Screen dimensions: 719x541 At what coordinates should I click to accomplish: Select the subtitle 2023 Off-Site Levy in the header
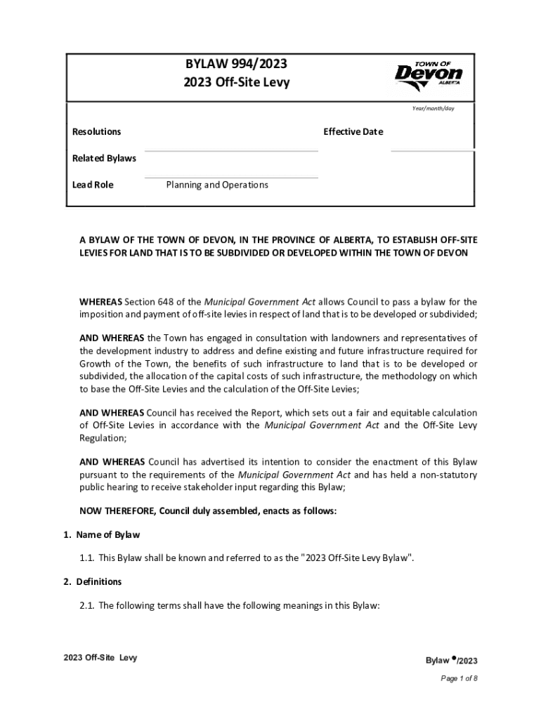tap(236, 83)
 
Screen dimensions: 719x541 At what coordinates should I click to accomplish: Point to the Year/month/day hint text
tap(433, 108)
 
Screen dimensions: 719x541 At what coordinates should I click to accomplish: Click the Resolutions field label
tap(97, 132)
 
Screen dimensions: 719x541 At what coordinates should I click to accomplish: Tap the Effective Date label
tap(353, 132)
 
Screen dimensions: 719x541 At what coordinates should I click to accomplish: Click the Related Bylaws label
tap(104, 158)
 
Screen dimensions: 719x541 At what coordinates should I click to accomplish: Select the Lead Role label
tap(93, 185)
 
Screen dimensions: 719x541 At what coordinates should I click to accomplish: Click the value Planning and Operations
tap(217, 185)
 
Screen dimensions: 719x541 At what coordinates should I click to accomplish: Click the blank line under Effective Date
tap(431, 150)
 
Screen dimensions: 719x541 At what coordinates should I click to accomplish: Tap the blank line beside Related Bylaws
tap(231, 150)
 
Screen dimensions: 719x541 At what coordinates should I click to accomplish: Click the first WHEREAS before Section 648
tap(100, 302)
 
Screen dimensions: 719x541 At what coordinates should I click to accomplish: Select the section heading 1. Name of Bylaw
tap(101, 535)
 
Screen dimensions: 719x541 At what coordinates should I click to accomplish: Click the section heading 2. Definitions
tap(92, 581)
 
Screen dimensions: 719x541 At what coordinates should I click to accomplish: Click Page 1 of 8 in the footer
tap(459, 678)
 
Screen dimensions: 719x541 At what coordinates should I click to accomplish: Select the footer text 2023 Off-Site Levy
tap(100, 658)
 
